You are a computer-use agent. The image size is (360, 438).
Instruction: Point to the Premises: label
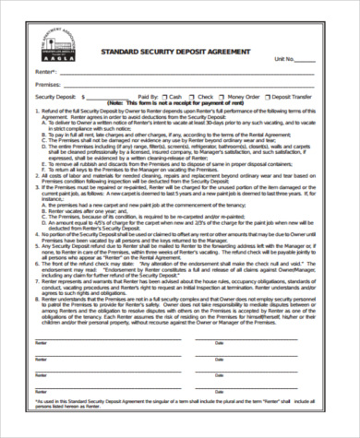click(x=47, y=84)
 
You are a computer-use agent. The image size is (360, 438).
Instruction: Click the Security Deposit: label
click(x=54, y=96)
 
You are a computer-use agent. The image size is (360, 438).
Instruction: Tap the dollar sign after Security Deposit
click(x=84, y=96)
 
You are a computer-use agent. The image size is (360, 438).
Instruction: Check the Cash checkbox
click(x=164, y=96)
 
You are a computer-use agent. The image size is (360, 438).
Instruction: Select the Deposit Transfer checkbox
click(x=268, y=96)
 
